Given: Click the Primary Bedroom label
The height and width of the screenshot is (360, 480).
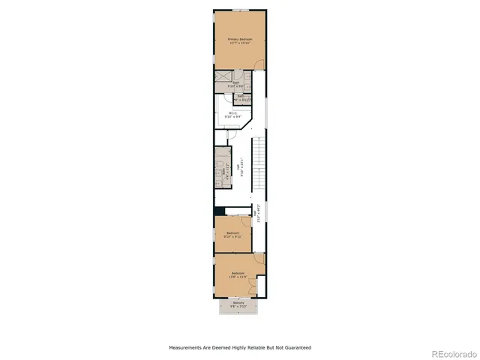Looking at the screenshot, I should pos(239,41).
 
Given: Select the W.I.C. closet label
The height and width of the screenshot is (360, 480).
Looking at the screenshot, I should pos(233,115).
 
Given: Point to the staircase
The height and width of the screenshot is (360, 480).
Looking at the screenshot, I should pos(259,165).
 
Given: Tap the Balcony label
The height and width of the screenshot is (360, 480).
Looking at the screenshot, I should pos(238,304).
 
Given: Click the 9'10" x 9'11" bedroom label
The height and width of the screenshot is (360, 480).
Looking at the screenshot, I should pos(232,234).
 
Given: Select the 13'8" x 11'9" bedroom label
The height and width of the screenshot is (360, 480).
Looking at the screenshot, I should pos(238,274).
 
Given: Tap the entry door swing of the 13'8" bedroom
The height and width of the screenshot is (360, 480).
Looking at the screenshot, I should pos(258,259).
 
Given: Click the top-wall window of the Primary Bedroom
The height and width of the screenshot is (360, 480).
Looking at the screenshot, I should pos(239,9).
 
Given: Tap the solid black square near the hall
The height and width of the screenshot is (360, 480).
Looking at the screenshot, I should pos(218,211).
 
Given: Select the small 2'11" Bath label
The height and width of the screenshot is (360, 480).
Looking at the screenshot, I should pos(241,97).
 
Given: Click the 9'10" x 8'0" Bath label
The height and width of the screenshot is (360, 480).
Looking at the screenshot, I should pos(235,84).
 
